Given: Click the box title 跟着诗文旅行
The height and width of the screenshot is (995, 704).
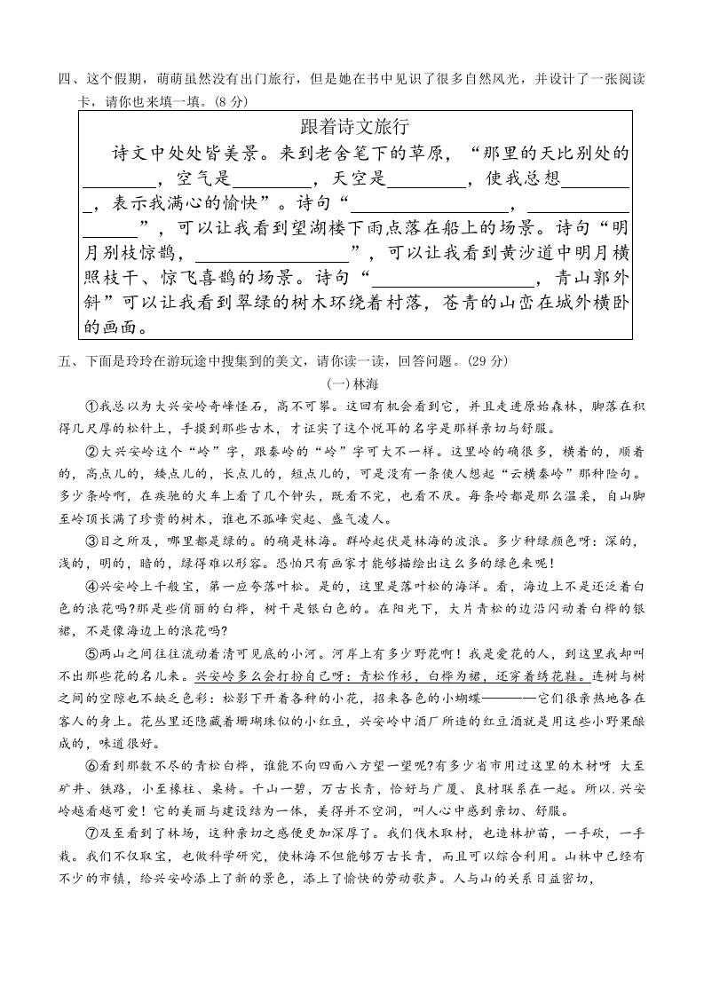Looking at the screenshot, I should coord(355,126).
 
